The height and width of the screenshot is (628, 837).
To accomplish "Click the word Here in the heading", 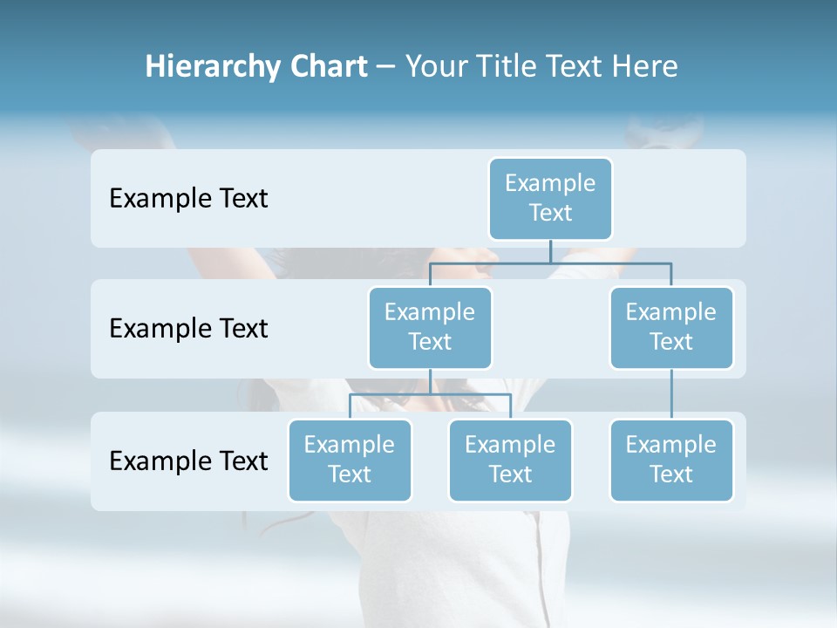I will [645, 67].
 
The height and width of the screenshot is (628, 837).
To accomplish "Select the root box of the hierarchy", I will [550, 199].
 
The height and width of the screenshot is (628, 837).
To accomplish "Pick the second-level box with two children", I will [430, 328].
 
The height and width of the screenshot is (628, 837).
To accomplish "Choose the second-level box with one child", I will [671, 328].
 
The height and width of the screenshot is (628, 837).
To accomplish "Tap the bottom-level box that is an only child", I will [671, 461].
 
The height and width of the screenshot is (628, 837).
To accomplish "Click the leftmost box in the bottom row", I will [350, 461].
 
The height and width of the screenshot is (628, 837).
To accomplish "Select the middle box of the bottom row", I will [510, 461].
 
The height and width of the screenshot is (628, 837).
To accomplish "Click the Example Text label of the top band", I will [188, 199].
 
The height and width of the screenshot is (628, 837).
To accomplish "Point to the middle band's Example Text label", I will [188, 329].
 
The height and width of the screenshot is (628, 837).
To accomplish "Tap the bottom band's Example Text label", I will [188, 461].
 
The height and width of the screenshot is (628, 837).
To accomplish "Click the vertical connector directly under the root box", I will [550, 251].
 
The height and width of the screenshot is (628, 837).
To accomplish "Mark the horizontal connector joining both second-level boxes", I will [610, 263].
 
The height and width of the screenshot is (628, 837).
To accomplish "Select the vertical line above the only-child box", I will [671, 394].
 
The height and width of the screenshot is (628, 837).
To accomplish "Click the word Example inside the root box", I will [550, 183].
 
